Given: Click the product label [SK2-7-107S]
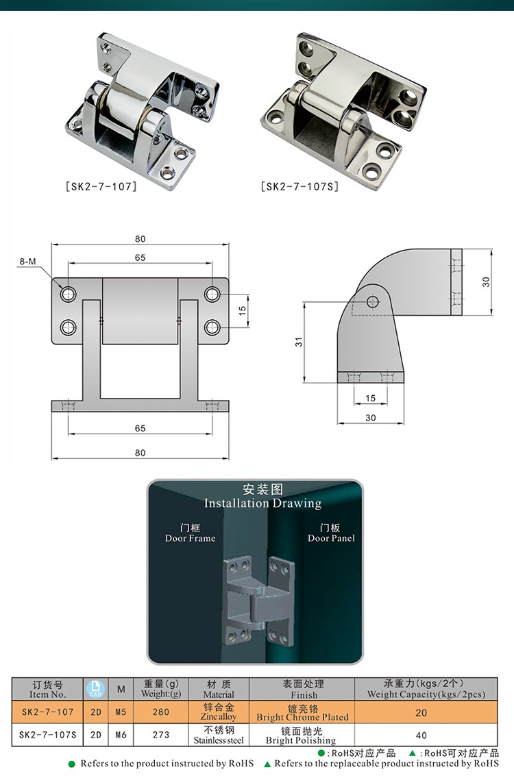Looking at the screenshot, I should (300, 186).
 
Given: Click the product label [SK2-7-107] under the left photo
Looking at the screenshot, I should (101, 186).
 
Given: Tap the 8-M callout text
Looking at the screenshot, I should (28, 262).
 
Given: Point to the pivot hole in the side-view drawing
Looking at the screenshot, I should (372, 301).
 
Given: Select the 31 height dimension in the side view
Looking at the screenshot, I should (299, 340).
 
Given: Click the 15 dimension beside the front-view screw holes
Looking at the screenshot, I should (242, 310).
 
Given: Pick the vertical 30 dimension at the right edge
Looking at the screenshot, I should (486, 281).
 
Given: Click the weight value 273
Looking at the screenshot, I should (160, 736).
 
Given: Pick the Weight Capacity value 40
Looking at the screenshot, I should (421, 736).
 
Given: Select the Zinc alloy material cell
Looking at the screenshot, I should (219, 712).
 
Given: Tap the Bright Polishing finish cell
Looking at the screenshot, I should (302, 736).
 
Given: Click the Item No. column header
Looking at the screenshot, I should (48, 689).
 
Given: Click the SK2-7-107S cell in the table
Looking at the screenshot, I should (48, 736).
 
